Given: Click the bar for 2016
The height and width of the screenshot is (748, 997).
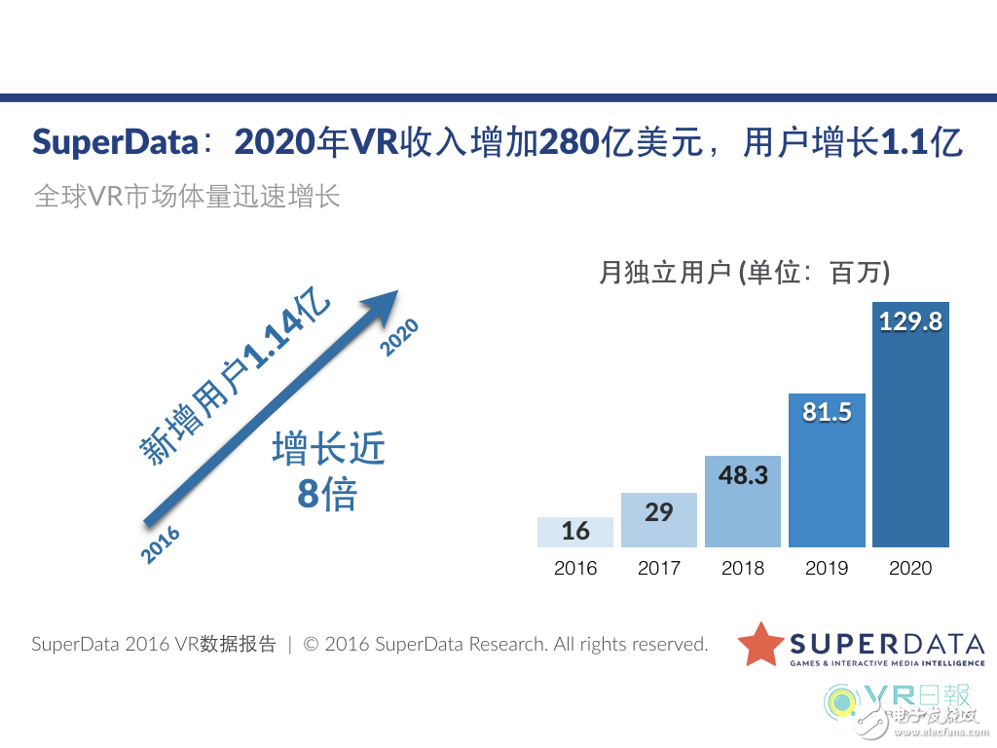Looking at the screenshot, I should [x=575, y=532].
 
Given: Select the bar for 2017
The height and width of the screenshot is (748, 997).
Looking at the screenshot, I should [x=659, y=520].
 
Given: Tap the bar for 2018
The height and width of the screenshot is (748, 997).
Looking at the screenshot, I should [x=743, y=502].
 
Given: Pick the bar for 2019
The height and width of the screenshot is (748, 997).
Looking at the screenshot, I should [x=827, y=469].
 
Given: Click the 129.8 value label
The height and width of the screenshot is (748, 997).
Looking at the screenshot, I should [x=910, y=321].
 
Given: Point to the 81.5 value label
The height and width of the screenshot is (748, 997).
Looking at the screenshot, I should [x=827, y=412].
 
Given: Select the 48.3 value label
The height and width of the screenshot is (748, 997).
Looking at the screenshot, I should [x=743, y=474].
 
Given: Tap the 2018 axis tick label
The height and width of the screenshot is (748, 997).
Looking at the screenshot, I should [x=743, y=569].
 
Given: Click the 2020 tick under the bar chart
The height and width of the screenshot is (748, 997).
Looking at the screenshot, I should [x=910, y=569].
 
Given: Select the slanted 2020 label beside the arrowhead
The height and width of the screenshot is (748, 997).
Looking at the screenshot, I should [x=399, y=336].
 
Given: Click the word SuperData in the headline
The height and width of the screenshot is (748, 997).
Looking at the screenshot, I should [x=115, y=142].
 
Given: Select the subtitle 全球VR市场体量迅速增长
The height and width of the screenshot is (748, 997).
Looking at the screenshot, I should [x=187, y=195].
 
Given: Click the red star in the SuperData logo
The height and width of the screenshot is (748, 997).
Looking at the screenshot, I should [x=760, y=644].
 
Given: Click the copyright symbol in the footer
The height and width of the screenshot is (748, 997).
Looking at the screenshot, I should [x=312, y=645].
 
